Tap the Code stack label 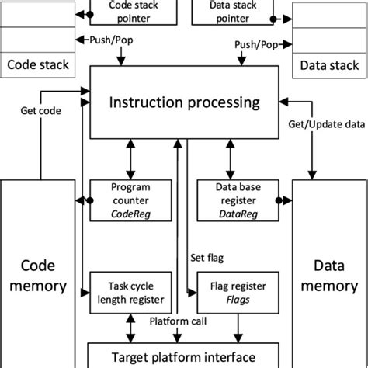click(x=37, y=65)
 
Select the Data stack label click(x=328, y=65)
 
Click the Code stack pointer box click(x=128, y=9)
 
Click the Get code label click(x=38, y=111)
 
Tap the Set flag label click(x=208, y=256)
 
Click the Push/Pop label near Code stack click(x=105, y=39)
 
